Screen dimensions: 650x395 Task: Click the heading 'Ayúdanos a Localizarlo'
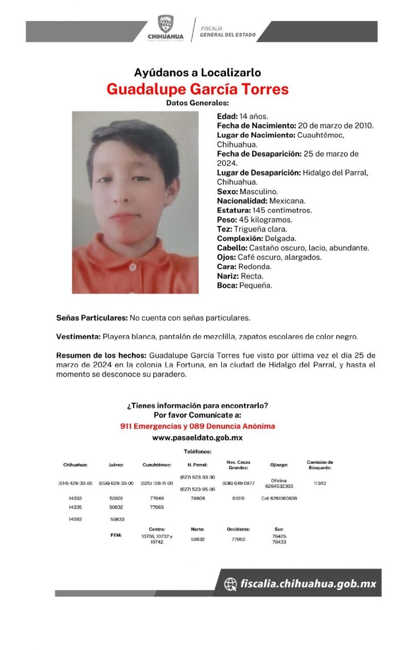coord(197,72)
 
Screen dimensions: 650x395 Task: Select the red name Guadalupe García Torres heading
coord(197,89)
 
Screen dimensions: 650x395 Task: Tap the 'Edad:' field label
coord(227,117)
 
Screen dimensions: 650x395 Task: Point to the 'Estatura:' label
coord(234,210)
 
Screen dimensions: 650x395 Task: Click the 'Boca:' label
coord(227,285)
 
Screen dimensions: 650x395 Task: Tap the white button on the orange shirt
coord(132,267)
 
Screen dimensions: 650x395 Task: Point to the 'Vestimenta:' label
coord(78,337)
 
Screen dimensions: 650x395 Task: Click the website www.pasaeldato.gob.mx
coord(197,438)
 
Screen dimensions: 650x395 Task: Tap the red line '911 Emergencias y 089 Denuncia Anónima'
coord(197,426)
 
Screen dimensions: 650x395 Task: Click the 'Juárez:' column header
coord(116,465)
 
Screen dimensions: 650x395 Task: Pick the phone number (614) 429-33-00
coord(75,484)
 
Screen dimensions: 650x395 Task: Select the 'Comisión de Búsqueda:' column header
coord(320,465)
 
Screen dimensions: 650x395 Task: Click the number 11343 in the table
coord(319,484)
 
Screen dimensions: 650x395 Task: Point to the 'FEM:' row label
coord(116,535)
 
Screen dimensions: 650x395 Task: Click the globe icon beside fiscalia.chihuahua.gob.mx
coord(230,584)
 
